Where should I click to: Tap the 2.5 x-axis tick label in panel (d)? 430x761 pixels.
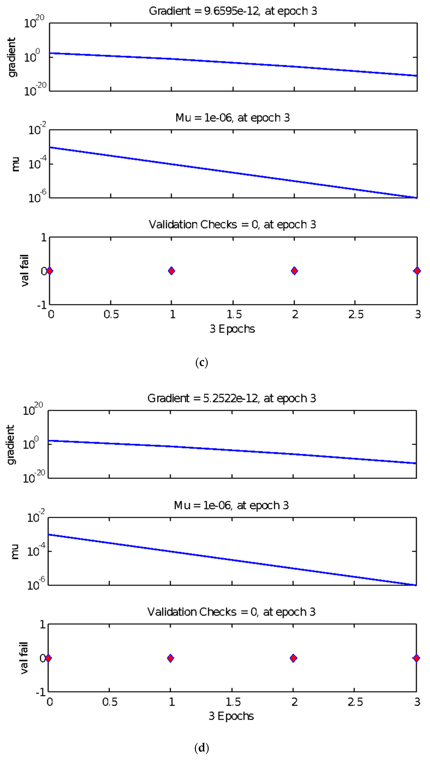coord(355,702)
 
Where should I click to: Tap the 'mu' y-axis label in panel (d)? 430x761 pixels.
coord(15,551)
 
